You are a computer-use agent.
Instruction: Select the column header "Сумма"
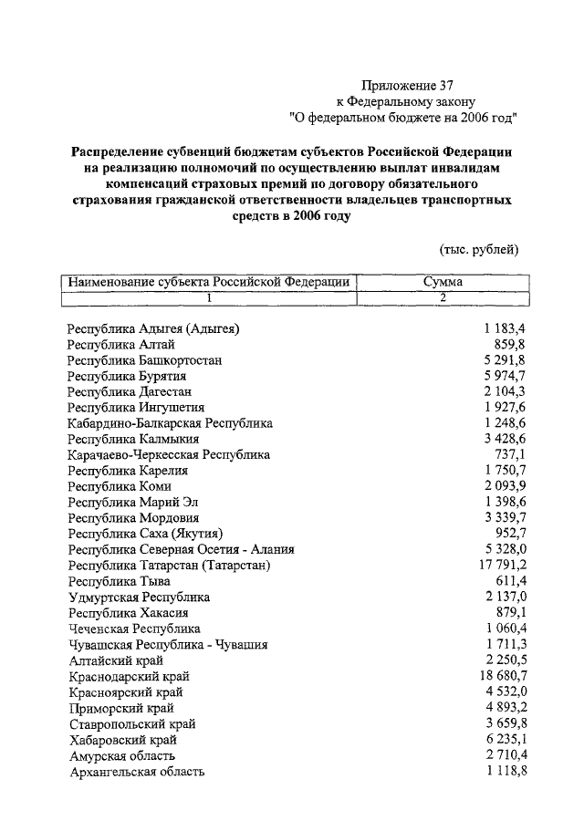(443, 282)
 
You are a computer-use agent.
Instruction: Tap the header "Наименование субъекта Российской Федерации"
(209, 282)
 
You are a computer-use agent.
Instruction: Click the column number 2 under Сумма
(443, 297)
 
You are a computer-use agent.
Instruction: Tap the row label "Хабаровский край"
(122, 740)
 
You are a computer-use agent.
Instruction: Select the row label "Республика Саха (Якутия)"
(146, 534)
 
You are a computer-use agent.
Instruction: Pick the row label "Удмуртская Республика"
(139, 598)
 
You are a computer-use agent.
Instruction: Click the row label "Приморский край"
(121, 708)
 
